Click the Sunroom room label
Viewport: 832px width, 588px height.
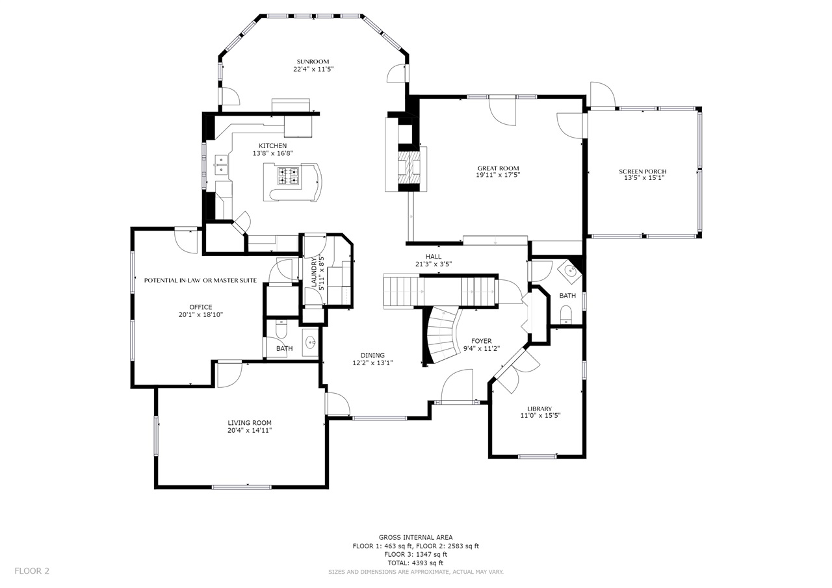coord(313,62)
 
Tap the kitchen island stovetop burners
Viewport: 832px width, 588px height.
coord(288,176)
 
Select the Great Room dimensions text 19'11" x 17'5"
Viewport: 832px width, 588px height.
coord(498,175)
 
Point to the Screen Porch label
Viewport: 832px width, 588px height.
coord(643,172)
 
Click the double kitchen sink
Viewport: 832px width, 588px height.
coord(221,165)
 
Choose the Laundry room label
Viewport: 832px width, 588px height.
coord(314,272)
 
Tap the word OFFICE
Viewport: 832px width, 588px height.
coord(201,307)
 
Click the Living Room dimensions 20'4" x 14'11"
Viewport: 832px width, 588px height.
coord(250,430)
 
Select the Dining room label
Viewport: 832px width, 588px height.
coord(372,355)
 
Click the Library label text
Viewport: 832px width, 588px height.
coord(539,409)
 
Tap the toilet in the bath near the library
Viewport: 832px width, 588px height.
coord(565,314)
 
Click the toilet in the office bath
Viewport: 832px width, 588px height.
coord(281,329)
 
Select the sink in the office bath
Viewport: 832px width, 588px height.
coord(310,342)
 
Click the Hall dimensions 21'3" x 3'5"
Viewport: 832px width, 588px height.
coord(434,264)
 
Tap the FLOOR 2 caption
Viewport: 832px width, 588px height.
coord(32,571)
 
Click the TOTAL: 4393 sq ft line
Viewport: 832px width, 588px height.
coord(415,563)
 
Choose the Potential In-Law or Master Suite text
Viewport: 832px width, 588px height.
coord(201,280)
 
